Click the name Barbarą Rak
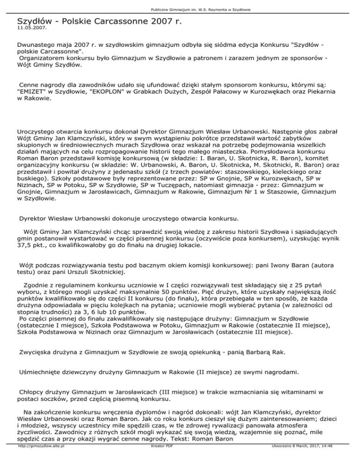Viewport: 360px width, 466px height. click(x=271, y=352)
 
